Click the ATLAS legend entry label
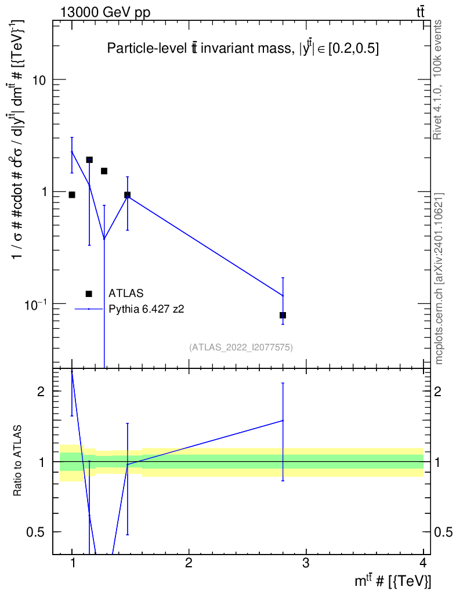pos(126,294)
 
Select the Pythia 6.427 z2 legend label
pos(146,309)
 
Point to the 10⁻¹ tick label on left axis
pos(37,303)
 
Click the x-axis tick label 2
pos(189,563)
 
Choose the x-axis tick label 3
pos(305,563)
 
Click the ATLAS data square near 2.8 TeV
pos(283,315)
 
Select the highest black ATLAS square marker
pos(89,160)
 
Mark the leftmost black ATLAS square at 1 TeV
pos(72,195)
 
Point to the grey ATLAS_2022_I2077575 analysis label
pos(241,347)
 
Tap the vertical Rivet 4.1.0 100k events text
pos(438,79)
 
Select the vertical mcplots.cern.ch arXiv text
pos(439,278)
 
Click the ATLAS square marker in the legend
pos(89,294)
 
